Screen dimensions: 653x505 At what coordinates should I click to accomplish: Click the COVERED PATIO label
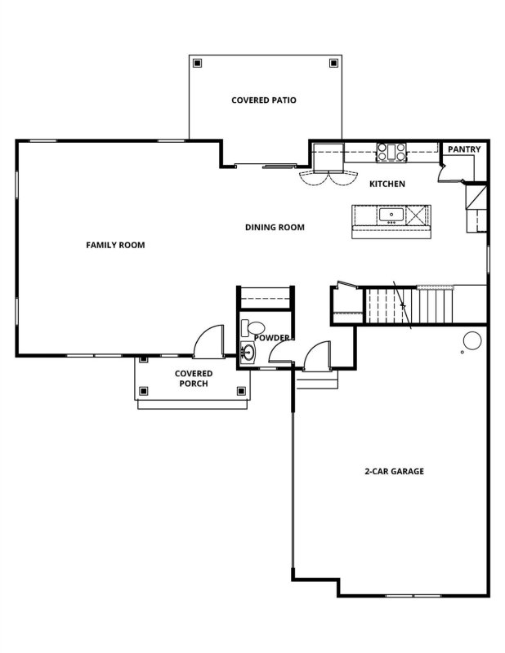(263, 100)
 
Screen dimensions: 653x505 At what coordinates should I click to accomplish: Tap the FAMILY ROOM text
(115, 245)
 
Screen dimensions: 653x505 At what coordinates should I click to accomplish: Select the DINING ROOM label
(275, 228)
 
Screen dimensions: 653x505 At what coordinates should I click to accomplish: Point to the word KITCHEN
(387, 184)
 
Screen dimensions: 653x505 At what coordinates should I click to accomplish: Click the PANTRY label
(463, 150)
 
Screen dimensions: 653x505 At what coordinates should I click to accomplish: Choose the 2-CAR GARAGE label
(394, 472)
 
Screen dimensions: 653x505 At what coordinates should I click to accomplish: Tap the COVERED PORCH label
(194, 378)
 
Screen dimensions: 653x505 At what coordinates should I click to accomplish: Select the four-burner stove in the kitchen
(391, 151)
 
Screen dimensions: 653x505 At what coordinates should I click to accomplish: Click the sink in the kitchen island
(391, 215)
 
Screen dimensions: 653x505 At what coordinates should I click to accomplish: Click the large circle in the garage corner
(472, 340)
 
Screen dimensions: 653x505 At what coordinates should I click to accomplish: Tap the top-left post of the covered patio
(195, 62)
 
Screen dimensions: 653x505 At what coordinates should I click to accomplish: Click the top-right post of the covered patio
(333, 62)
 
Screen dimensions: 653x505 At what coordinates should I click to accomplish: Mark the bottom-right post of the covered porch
(241, 391)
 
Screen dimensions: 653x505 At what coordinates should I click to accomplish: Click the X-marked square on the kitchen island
(417, 215)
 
